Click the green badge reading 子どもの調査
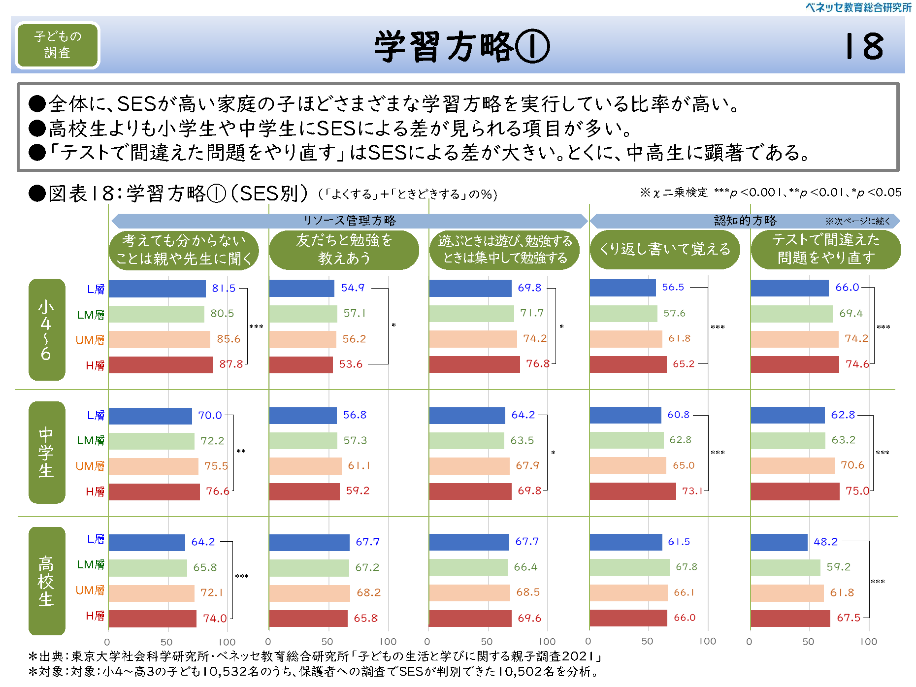coord(58,45)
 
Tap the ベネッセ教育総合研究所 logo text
coord(858,7)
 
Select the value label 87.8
coord(231,364)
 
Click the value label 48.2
coord(825,542)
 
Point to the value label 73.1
coord(692,491)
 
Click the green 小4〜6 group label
coord(47,329)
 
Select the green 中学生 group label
coord(47,452)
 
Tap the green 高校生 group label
coord(47,581)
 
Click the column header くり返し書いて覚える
coord(665,249)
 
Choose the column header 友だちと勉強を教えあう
coord(344,249)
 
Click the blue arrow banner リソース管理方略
coord(350,221)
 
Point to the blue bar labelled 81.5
coord(157,289)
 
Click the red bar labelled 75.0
coord(795,491)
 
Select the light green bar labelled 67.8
coord(629,567)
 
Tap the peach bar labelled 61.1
coord(305,466)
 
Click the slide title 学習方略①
coord(461,46)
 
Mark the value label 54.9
coord(353,288)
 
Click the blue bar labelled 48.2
coord(779,542)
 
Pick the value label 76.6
coord(218,491)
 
